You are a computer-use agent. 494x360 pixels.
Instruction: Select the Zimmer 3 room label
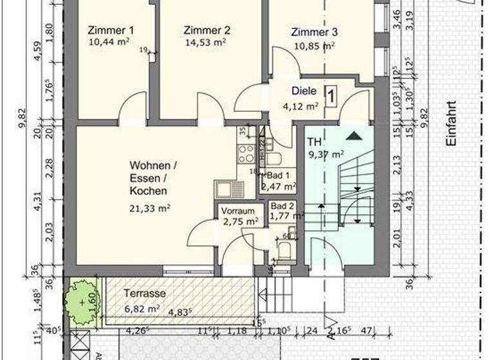coord(314,32)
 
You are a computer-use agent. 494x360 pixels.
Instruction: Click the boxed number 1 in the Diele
coord(331,96)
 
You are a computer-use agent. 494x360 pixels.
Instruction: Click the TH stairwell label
coord(314,141)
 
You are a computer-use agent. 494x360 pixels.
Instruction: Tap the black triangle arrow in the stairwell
coord(352,136)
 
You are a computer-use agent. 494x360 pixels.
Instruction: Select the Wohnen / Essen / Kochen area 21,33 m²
coord(149,207)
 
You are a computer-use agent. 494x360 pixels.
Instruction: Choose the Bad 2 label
coord(282,205)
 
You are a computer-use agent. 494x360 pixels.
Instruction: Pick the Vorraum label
coord(238,211)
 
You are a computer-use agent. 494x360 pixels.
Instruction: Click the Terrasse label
coord(145,293)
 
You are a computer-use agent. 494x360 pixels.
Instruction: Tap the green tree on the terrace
coord(82,300)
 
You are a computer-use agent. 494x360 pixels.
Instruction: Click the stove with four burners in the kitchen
coord(246,154)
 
